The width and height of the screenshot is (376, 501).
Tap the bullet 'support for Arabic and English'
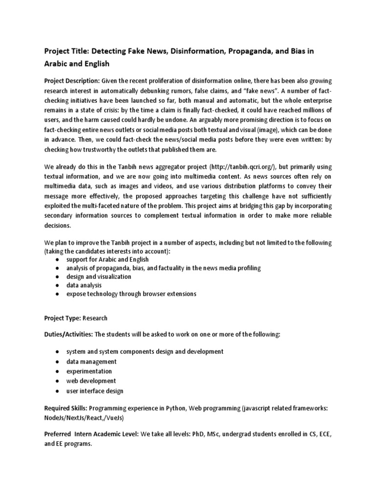(x=107, y=259)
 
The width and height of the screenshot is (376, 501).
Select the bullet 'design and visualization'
(x=99, y=276)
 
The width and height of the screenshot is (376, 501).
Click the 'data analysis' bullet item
(x=84, y=285)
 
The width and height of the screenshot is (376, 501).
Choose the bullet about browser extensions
(x=131, y=294)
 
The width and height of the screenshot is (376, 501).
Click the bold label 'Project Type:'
(x=62, y=318)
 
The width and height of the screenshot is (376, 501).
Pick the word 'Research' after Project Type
(x=95, y=318)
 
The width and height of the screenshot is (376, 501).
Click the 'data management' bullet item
(x=92, y=362)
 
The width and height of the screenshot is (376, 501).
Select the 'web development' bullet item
(x=91, y=381)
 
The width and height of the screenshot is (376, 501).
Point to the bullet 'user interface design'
(x=95, y=391)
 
